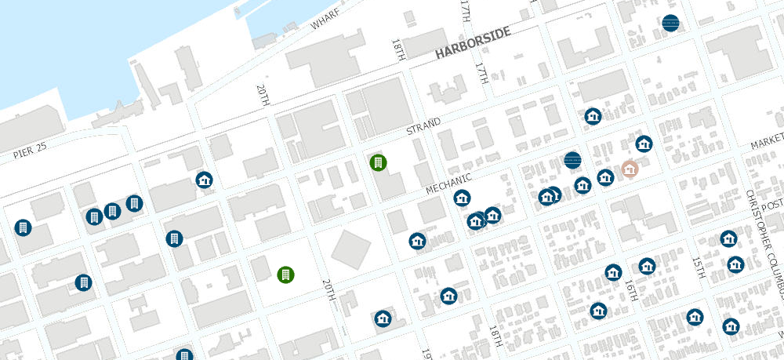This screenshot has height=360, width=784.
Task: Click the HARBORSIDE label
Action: pyautogui.click(x=473, y=44)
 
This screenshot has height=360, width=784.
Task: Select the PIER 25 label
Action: pyautogui.click(x=31, y=152)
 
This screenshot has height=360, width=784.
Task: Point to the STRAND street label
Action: pyautogui.click(x=423, y=125)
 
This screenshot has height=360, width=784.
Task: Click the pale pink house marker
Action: pyautogui.click(x=629, y=169)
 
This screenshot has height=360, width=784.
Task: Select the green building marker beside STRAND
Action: pyautogui.click(x=378, y=163)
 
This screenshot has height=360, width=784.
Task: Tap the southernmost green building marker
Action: pyautogui.click(x=286, y=275)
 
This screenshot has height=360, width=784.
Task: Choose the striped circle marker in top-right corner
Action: pyautogui.click(x=670, y=24)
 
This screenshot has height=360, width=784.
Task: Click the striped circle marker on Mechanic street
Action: pyautogui.click(x=572, y=160)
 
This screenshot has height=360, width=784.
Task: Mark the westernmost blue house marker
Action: pyautogui.click(x=205, y=180)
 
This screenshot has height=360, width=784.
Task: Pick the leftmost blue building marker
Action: pyautogui.click(x=22, y=227)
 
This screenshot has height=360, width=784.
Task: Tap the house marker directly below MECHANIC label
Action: pyautogui.click(x=463, y=198)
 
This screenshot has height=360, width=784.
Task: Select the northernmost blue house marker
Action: pyautogui.click(x=593, y=116)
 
